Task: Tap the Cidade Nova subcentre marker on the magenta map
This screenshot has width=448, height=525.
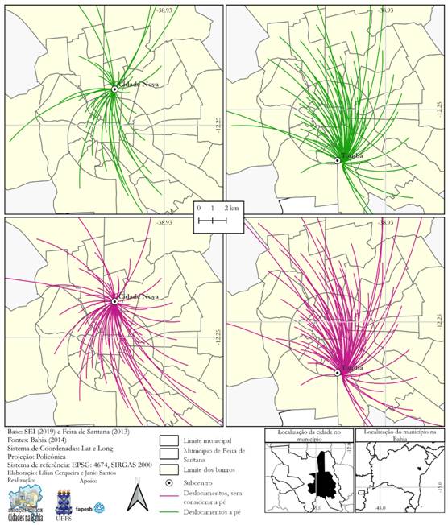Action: [x=115, y=301]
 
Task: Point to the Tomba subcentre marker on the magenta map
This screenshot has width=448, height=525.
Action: [x=337, y=372]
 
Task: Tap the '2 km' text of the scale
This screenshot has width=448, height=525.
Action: [x=232, y=208]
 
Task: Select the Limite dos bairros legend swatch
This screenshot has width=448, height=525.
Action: [x=168, y=469]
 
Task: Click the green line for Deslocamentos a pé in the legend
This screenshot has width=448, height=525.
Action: [x=168, y=511]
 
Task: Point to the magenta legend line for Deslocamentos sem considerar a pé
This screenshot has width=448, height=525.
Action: [x=168, y=498]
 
